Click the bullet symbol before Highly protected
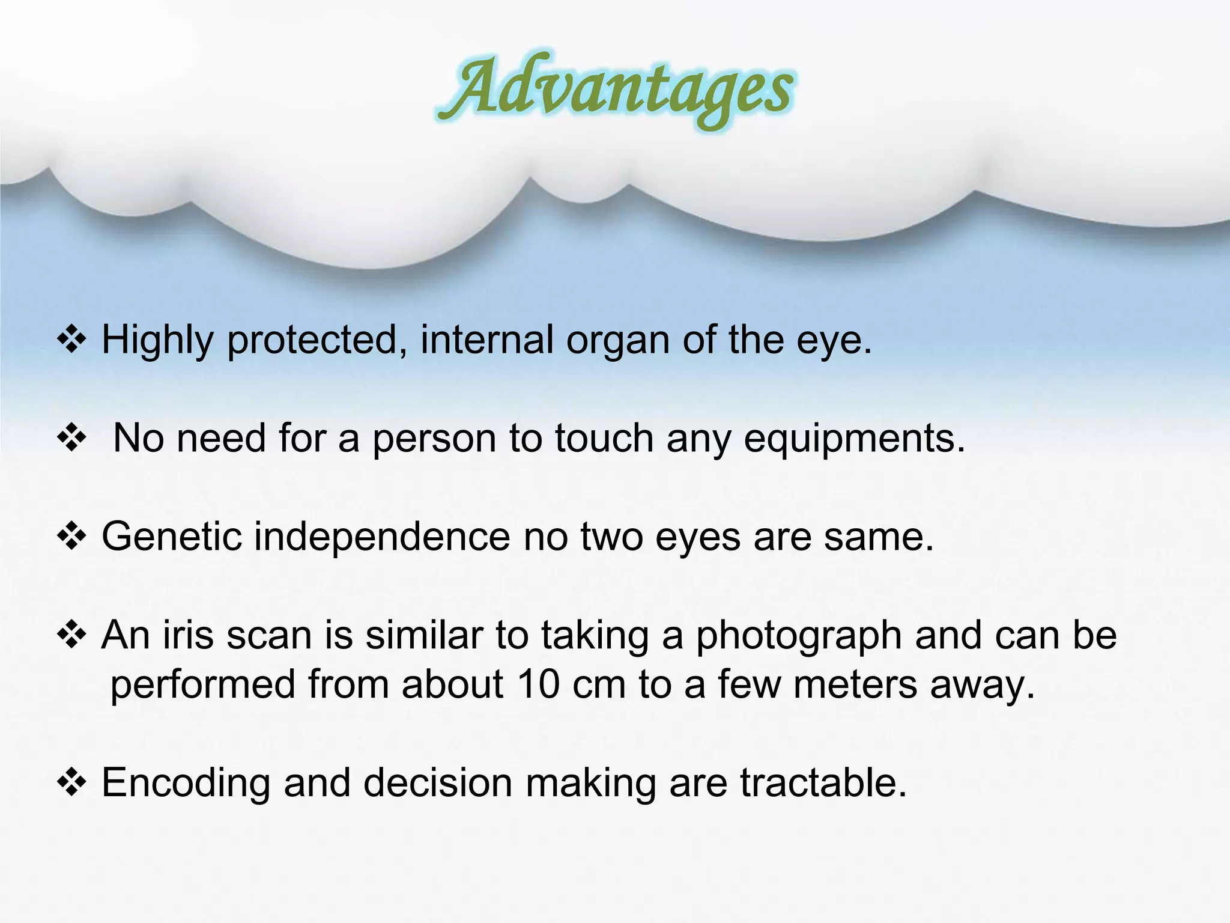(72, 341)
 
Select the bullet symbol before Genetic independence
(72, 537)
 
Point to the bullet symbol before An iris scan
(72, 635)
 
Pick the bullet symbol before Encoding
(72, 783)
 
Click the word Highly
(157, 341)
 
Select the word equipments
(855, 439)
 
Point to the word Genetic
(172, 535)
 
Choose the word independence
(382, 535)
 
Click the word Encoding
(186, 783)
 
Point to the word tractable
(823, 782)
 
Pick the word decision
(438, 782)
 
